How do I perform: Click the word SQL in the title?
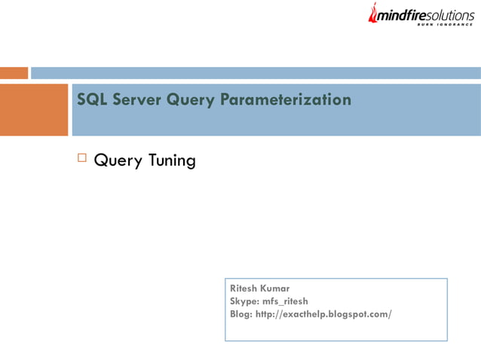(x=92, y=100)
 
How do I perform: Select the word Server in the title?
(x=135, y=100)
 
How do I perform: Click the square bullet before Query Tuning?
(x=82, y=159)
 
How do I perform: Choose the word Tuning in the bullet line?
(x=172, y=161)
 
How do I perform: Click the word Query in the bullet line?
(x=118, y=161)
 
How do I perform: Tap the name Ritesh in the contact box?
(x=244, y=288)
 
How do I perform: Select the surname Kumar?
(x=276, y=288)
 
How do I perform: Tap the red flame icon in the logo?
(x=372, y=11)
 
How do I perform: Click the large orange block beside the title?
(x=34, y=109)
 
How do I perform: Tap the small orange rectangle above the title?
(x=14, y=73)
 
